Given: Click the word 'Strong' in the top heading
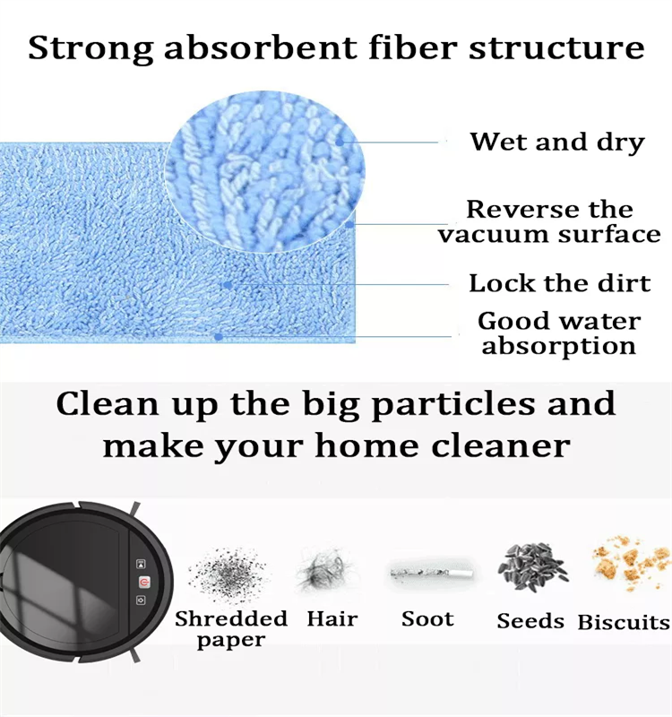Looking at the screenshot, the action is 91,48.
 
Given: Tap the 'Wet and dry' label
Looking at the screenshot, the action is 556,142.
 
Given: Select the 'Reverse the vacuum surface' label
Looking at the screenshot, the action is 549,221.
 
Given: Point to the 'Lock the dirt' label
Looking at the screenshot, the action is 559,283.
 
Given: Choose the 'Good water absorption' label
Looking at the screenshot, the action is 559,333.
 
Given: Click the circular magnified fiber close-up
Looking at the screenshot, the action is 265,171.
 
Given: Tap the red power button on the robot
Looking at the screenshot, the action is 142,582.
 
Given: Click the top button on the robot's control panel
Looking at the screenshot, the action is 141,564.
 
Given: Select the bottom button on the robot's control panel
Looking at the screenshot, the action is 142,600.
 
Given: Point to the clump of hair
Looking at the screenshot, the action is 324,572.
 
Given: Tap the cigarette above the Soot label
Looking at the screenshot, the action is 432,573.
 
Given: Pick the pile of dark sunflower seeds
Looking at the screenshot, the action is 532,566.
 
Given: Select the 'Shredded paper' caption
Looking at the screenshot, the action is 231,629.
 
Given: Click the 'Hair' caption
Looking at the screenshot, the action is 332,619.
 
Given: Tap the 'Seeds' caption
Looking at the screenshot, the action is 530,621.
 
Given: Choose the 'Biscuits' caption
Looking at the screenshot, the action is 624,622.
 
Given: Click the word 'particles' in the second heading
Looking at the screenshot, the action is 453,405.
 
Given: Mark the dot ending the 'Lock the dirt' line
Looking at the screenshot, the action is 228,285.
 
